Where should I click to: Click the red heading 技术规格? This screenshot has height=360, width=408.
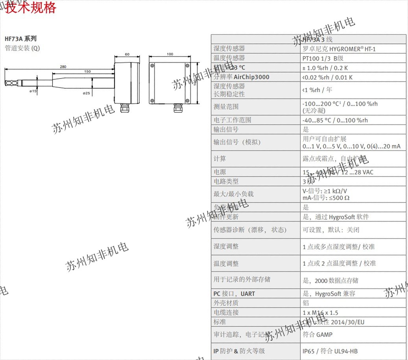(x=31, y=7)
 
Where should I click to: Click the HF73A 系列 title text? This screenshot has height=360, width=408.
(x=21, y=39)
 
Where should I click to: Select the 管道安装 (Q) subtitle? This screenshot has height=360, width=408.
(x=22, y=48)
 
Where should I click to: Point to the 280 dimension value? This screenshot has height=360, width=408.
(x=63, y=66)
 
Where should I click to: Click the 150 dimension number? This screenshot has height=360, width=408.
(x=87, y=71)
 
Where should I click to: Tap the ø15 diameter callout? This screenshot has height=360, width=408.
(x=33, y=91)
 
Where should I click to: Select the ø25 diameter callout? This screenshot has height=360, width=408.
(x=87, y=93)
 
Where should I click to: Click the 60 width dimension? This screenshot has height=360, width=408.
(x=127, y=54)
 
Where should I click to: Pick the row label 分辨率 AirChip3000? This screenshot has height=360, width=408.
(x=242, y=77)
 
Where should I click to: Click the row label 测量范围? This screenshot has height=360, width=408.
(x=226, y=106)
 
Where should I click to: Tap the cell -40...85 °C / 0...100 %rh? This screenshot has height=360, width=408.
(x=335, y=120)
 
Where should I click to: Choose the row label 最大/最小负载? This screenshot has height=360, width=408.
(x=234, y=194)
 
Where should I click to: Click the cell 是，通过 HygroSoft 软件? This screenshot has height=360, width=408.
(x=336, y=217)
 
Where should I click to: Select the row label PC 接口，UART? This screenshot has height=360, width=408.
(x=234, y=294)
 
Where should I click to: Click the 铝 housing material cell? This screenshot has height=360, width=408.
(x=306, y=303)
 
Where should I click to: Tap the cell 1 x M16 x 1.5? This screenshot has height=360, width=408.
(x=320, y=312)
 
